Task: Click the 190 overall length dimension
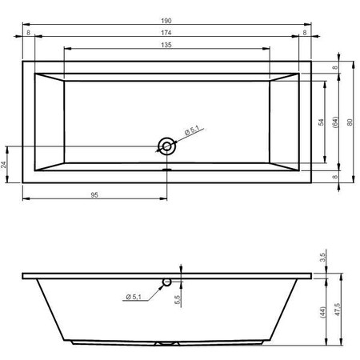point(166,21)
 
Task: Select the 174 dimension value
point(166,33)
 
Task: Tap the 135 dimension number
point(166,45)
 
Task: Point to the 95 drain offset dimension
point(94,195)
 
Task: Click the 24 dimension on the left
point(3,165)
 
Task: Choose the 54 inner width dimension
point(321,122)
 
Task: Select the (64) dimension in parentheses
point(335,122)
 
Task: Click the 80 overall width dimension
point(350,122)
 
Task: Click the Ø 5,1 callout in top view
point(192,130)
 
